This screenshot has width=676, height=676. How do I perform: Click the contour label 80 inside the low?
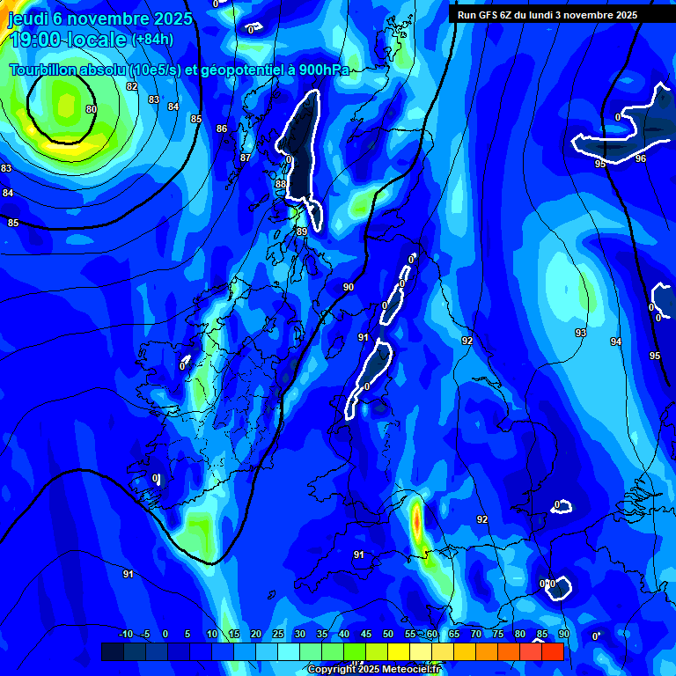(x=92, y=110)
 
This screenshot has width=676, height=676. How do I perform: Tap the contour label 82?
(x=132, y=86)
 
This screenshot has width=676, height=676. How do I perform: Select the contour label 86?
(x=222, y=129)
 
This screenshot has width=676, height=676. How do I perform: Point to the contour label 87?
(x=246, y=158)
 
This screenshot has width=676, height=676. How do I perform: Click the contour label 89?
(x=302, y=231)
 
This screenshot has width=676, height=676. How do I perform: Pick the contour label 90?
(x=349, y=288)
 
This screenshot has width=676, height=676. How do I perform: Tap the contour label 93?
(x=581, y=333)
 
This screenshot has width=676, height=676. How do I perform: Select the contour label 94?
(x=616, y=342)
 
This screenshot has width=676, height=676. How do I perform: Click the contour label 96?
(x=641, y=159)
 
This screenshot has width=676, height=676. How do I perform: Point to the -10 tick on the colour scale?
(x=125, y=635)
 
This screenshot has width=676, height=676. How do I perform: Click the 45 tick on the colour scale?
(x=366, y=635)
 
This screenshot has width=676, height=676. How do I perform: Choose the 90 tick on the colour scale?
(x=563, y=635)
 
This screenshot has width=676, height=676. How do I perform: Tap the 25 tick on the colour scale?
(x=278, y=635)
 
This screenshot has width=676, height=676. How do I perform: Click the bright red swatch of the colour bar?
(x=553, y=651)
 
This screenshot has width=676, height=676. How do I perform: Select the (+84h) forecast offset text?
(x=152, y=40)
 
